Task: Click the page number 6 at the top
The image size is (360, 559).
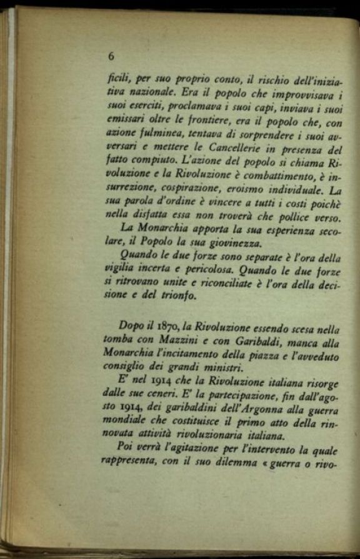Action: click(111, 56)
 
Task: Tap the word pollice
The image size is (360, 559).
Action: click(291, 217)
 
